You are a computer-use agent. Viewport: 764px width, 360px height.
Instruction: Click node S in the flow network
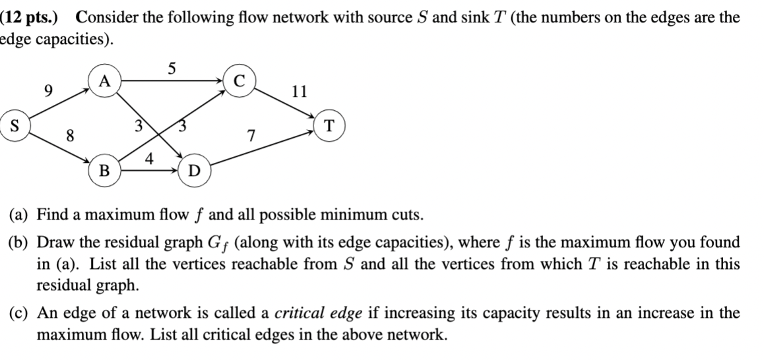(13, 125)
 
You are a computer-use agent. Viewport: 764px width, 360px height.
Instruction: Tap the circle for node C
(239, 81)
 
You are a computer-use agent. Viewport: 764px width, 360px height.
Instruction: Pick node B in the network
(103, 171)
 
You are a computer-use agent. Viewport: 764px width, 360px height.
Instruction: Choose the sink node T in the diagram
(329, 125)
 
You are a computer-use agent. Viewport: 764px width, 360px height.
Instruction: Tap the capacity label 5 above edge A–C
(172, 67)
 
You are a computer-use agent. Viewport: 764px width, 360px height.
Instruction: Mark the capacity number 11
(299, 91)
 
